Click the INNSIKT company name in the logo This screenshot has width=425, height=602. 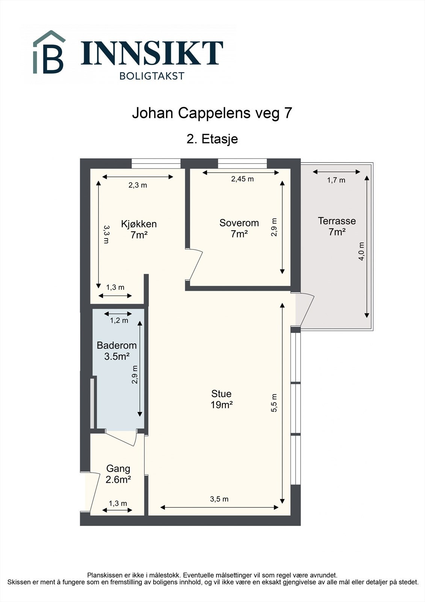click(x=152, y=53)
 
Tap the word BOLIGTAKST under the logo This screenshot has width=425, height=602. click(x=152, y=76)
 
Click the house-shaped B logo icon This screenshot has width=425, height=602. click(x=49, y=52)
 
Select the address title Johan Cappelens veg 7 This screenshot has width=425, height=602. click(x=212, y=113)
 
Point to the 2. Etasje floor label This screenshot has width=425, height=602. click(x=212, y=139)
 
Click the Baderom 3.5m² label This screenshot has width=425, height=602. click(x=116, y=351)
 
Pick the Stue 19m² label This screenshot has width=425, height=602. click(x=221, y=399)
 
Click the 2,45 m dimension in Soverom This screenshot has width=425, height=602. click(x=242, y=179)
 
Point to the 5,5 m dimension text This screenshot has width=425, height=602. click(x=274, y=403)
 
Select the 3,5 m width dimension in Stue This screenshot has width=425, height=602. click(x=219, y=499)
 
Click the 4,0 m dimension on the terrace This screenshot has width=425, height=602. click(x=361, y=251)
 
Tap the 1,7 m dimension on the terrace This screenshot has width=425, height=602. click(x=336, y=180)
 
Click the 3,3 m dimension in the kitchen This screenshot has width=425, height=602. click(x=106, y=234)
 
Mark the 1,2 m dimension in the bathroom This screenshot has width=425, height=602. click(x=119, y=320)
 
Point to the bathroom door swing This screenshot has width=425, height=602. click(x=121, y=438)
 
